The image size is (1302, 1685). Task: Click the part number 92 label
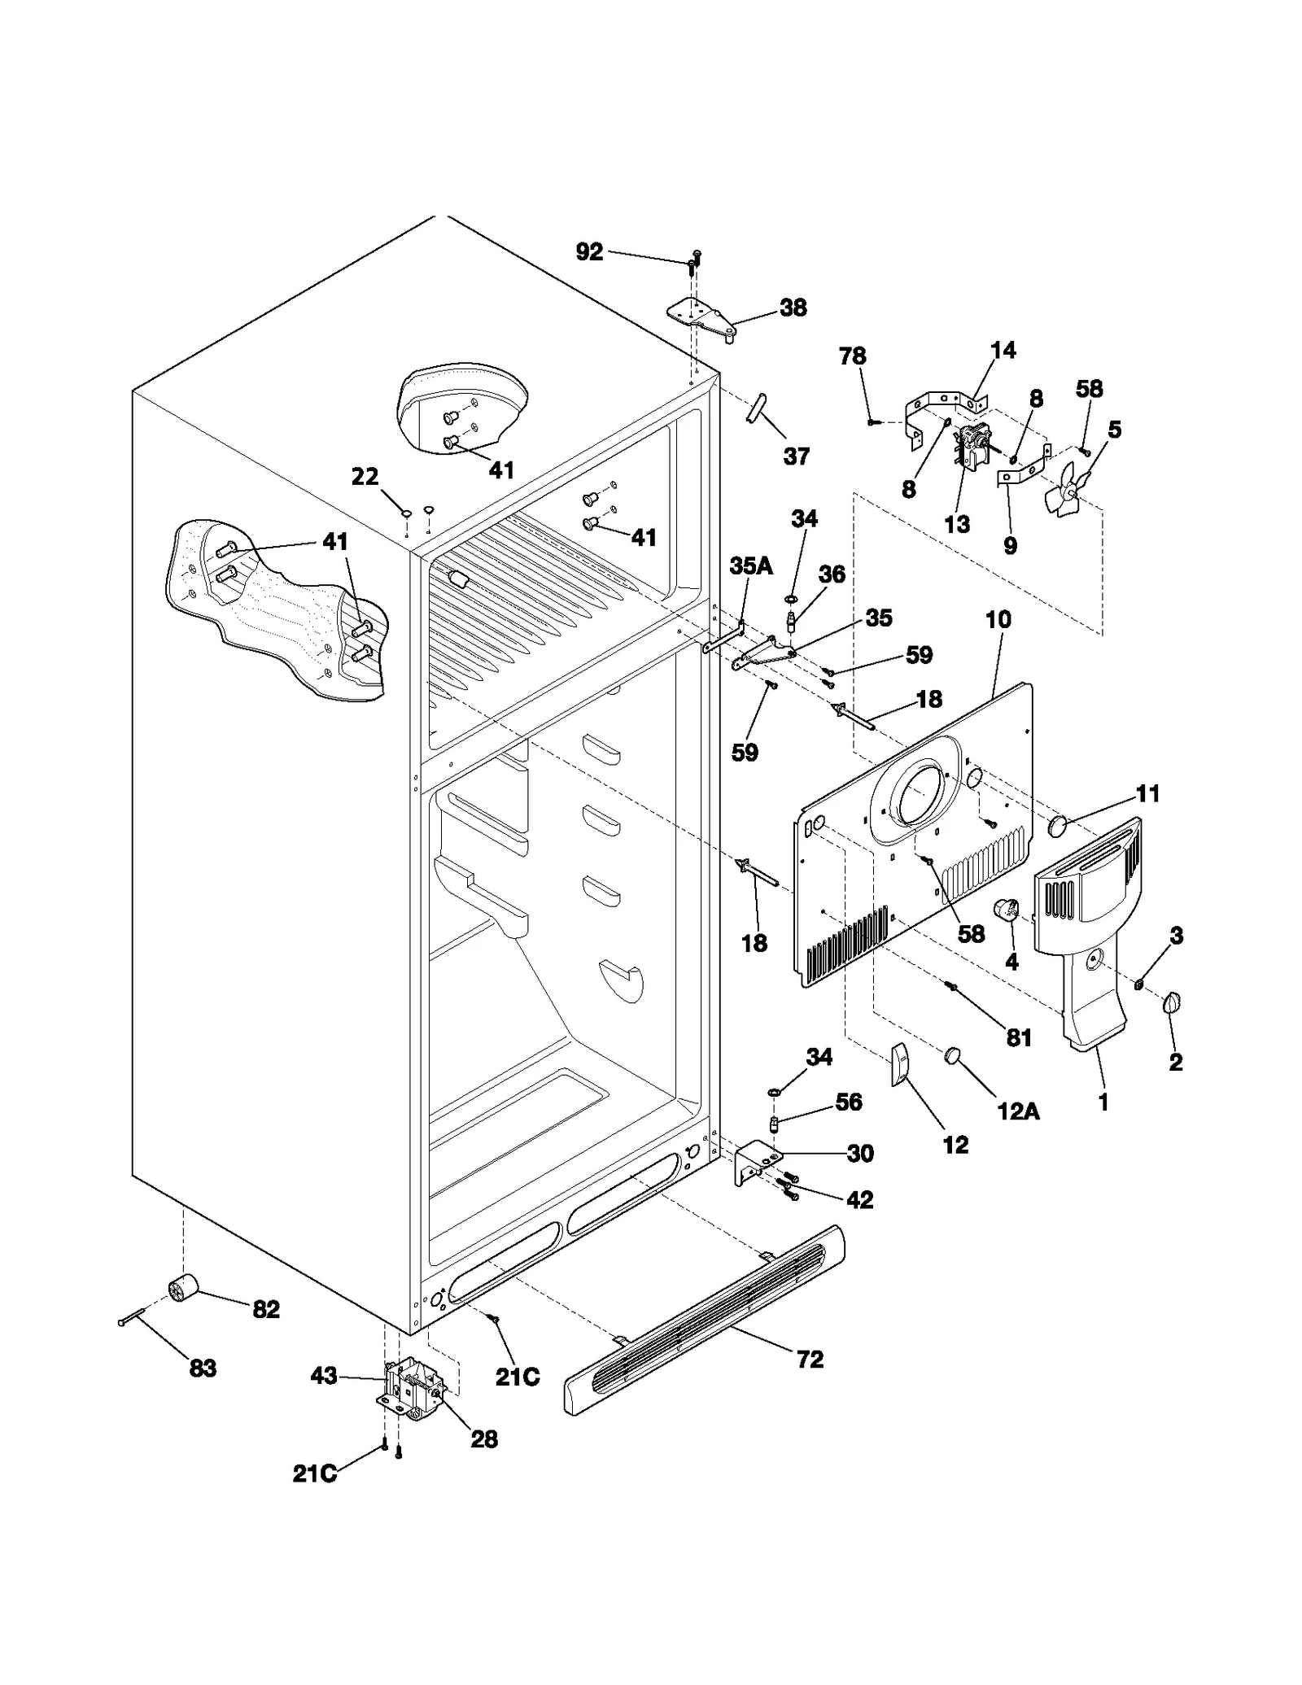click(589, 252)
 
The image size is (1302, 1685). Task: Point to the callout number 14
click(1003, 351)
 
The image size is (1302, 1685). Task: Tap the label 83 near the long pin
click(203, 1369)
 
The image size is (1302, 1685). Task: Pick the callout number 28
click(483, 1439)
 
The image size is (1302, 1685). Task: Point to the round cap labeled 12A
click(953, 1055)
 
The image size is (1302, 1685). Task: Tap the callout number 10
click(998, 619)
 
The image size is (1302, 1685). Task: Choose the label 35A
click(750, 565)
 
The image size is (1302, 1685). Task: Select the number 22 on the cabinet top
click(365, 477)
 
